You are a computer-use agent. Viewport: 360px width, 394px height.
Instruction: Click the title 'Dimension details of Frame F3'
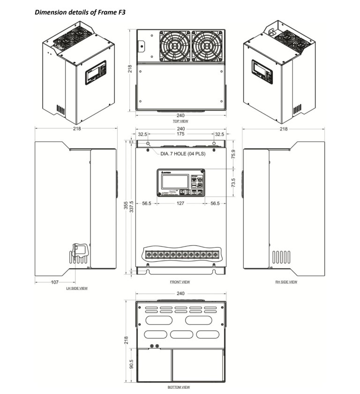click(81, 11)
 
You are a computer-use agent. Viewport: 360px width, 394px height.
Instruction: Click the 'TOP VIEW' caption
click(180, 121)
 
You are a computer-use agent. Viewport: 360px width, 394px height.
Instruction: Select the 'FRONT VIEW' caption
click(180, 282)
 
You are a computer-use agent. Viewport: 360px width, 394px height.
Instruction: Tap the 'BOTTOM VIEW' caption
click(179, 387)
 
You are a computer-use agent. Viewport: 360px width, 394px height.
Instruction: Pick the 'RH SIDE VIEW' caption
click(286, 282)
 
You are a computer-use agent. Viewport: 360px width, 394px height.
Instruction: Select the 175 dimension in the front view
click(180, 134)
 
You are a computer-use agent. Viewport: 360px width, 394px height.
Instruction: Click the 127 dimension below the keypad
click(180, 204)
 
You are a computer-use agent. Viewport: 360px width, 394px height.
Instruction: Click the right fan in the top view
click(207, 46)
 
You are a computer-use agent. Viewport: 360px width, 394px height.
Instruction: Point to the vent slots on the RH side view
click(282, 258)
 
